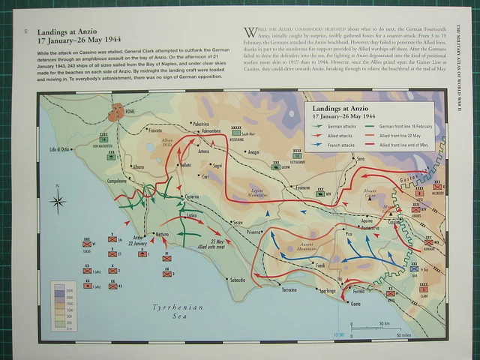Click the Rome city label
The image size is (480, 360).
click(131, 110)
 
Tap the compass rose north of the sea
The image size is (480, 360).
click(58, 200)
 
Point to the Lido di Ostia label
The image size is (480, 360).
click(59, 150)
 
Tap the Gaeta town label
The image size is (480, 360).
click(355, 303)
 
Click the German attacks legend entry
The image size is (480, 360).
click(335, 127)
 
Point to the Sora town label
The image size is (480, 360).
click(361, 158)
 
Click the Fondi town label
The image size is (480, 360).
click(319, 265)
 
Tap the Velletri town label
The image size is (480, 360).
click(187, 165)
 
